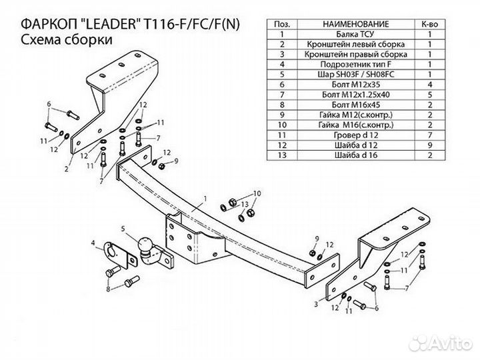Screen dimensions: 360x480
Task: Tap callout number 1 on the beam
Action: (205, 198)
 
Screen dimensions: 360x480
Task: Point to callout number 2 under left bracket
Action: (67, 169)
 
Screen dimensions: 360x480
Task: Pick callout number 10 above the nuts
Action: (257, 193)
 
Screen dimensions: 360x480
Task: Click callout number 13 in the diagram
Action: (245, 203)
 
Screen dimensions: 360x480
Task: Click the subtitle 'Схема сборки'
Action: (66, 40)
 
